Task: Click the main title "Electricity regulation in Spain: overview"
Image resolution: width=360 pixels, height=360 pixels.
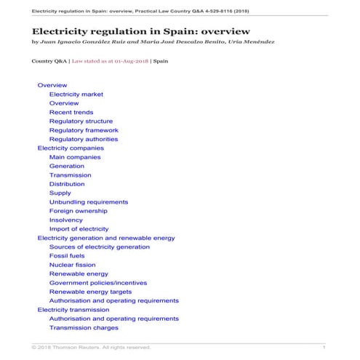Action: coord(141,31)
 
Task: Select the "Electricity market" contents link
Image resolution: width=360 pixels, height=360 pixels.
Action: coord(76,95)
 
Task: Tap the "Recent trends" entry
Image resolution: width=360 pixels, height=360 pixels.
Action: coord(71,112)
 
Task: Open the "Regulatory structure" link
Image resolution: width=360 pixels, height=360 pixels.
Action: coord(81,121)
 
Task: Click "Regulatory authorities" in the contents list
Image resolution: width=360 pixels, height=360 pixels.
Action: coord(83,139)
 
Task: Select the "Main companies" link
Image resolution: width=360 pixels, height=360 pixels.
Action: coord(75,157)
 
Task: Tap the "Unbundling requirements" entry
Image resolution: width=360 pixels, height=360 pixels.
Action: coord(88,202)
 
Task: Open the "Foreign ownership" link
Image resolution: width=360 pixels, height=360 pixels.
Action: coord(79,211)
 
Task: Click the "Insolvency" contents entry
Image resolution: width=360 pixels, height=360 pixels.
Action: coord(65,220)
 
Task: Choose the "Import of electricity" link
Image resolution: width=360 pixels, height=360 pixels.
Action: coord(79,229)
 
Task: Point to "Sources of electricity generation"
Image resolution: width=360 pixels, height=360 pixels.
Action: coord(99,247)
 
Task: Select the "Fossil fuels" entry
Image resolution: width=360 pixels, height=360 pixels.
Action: coord(67,256)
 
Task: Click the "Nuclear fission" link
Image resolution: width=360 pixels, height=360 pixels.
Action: coord(72,265)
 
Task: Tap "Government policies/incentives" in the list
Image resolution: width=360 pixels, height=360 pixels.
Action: coord(97,283)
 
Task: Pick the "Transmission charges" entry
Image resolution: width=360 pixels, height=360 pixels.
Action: coord(84,328)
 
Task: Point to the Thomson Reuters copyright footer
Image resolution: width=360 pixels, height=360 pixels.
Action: coord(90,348)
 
